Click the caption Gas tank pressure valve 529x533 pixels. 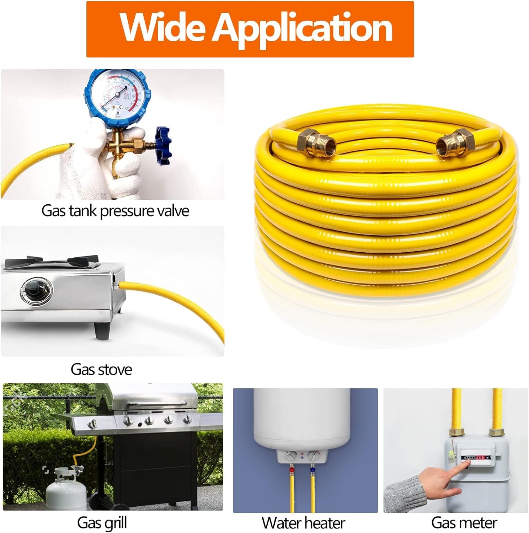coord(115,211)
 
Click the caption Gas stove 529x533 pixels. coord(101,370)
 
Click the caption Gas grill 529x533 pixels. coord(102,523)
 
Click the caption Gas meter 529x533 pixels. coord(464,523)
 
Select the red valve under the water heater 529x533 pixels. coord(292,470)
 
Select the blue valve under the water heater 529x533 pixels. coord(312,470)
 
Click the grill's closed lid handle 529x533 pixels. coord(156,403)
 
